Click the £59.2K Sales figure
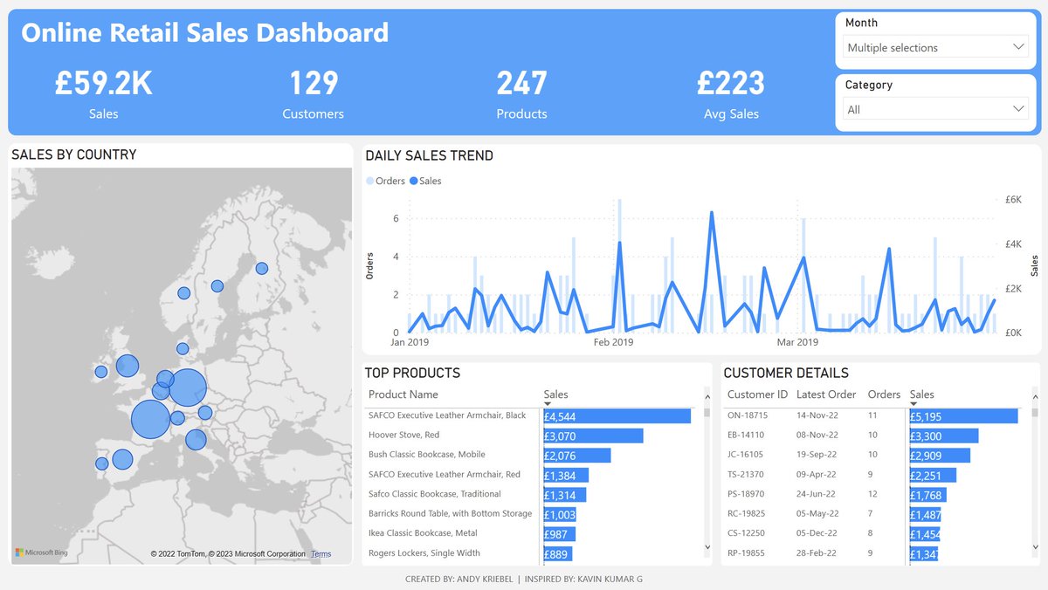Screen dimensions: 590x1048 click(103, 84)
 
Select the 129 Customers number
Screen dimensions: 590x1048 click(313, 84)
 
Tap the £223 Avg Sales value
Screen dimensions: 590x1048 click(730, 84)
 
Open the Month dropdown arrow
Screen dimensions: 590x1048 click(1018, 47)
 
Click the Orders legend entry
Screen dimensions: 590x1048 click(385, 181)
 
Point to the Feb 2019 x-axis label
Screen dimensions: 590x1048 click(613, 342)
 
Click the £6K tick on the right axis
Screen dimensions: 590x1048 click(1014, 199)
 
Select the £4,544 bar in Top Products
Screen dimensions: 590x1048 click(617, 416)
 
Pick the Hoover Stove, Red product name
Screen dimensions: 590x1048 click(403, 435)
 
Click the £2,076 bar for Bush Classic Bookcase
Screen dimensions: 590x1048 click(576, 455)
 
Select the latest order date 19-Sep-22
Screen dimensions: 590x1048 click(817, 455)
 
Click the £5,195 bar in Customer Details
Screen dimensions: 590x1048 click(962, 416)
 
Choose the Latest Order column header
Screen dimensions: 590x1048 click(826, 394)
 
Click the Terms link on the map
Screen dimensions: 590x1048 click(321, 554)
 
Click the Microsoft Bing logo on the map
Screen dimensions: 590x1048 click(41, 552)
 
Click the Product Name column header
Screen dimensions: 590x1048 click(403, 394)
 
